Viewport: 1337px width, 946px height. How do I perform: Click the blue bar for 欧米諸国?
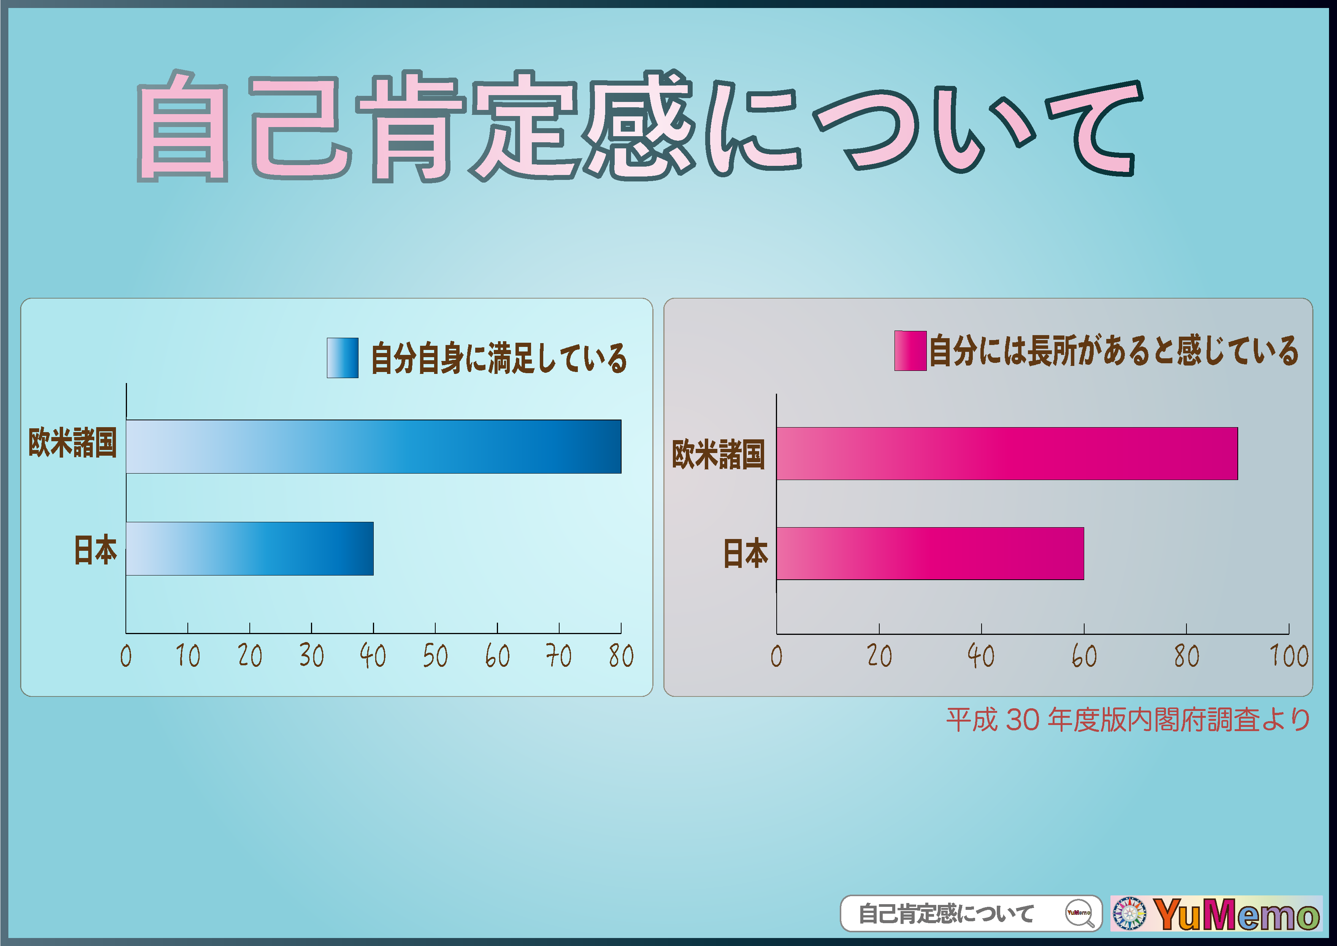pos(373,446)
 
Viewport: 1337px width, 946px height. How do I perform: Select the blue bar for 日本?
pos(250,548)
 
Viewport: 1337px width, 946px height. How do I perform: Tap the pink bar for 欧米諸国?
pos(1007,453)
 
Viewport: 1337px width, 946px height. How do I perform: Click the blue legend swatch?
pos(343,358)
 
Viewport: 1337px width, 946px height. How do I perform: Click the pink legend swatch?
pos(910,350)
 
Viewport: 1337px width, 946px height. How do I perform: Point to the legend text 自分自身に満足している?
pos(499,358)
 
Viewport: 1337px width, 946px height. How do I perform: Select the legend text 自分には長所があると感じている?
pos(1113,350)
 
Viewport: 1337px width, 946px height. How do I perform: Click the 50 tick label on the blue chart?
pos(435,656)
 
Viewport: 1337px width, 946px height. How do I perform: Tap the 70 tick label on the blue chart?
pos(558,656)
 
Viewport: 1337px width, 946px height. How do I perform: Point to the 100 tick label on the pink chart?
pos(1289,656)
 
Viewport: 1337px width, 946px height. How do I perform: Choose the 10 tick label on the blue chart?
pos(187,656)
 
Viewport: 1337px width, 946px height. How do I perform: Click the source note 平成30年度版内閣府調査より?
pos(1128,720)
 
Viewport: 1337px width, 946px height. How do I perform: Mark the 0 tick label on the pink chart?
pos(776,656)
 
